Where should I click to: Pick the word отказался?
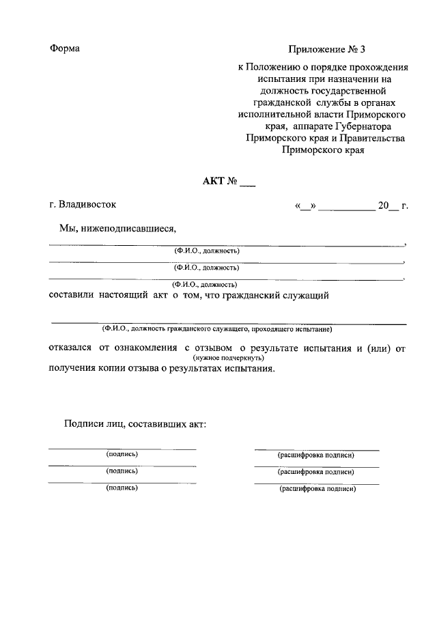tap(71, 348)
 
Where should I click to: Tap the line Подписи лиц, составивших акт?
tap(135, 423)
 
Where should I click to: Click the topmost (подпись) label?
tap(122, 454)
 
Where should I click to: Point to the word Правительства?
tap(373, 138)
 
